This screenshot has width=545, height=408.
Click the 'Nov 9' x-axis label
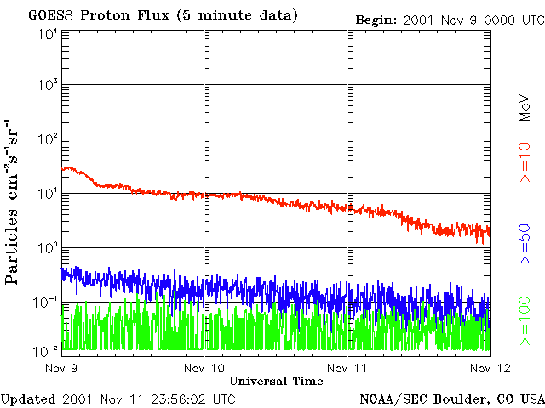(61, 368)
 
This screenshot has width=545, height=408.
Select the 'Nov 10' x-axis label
(204, 368)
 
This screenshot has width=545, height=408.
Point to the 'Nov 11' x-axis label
(347, 368)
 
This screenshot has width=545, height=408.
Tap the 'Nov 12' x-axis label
(490, 368)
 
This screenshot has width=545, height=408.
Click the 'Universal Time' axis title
(276, 382)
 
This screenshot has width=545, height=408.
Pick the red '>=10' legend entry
(525, 162)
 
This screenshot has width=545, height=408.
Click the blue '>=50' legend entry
(525, 244)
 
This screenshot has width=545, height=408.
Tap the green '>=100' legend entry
(525, 321)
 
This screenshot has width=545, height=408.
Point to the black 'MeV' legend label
(525, 108)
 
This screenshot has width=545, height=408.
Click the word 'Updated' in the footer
(28, 399)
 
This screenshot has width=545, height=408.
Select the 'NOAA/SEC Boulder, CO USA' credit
(452, 399)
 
